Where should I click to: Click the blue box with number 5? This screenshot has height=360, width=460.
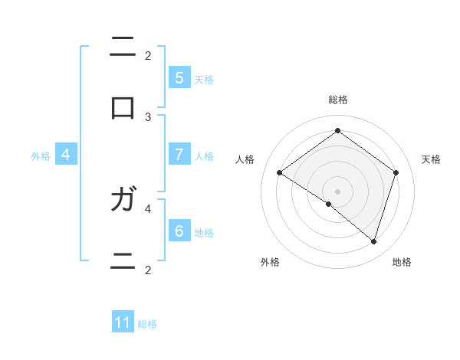click(x=179, y=77)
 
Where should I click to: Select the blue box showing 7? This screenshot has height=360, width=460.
click(x=179, y=155)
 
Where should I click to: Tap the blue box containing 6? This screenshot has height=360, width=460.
click(x=179, y=231)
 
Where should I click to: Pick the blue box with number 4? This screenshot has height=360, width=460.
click(x=66, y=155)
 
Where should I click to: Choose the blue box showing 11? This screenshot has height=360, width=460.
click(x=123, y=322)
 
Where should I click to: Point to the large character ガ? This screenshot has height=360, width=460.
click(x=123, y=200)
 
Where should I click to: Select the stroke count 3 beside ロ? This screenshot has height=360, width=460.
click(x=148, y=117)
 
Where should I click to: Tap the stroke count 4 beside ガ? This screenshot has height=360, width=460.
click(x=148, y=208)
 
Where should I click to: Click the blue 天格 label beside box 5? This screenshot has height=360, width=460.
click(x=204, y=79)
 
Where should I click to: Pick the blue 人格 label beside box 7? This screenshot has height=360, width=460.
click(x=204, y=156)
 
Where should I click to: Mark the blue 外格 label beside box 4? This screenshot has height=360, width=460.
click(x=41, y=156)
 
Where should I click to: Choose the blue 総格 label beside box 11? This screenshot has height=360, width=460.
click(x=147, y=324)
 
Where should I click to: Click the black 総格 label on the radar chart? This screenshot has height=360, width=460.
click(x=337, y=100)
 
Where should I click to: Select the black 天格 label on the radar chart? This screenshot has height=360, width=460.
click(x=432, y=159)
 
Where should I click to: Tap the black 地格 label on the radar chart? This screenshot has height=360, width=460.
click(x=402, y=262)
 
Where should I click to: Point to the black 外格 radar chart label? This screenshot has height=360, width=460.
click(x=270, y=262)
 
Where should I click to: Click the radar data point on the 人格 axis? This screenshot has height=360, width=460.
click(x=280, y=173)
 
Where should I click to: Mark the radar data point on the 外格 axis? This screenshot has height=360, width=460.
click(x=329, y=204)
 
